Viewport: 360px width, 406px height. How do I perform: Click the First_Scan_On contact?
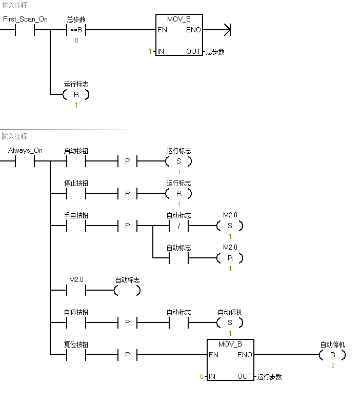tap(25, 30)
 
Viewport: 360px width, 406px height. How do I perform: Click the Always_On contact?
tap(25, 161)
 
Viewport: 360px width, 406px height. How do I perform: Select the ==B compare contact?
tap(76, 30)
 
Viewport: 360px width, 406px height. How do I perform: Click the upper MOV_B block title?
tap(178, 19)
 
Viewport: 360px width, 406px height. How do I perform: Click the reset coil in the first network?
tap(76, 94)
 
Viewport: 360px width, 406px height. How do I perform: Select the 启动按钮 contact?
tap(76, 161)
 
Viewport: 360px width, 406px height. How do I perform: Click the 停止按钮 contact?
tap(76, 194)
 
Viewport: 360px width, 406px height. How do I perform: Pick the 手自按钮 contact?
tap(76, 226)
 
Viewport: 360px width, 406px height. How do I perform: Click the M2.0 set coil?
tap(230, 226)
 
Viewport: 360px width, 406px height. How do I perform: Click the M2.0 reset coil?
tap(230, 258)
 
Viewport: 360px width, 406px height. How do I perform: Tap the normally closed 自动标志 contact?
tap(178, 226)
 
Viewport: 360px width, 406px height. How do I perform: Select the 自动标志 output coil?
tap(127, 291)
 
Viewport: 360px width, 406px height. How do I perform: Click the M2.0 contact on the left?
tap(76, 291)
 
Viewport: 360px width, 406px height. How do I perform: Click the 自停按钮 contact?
tap(76, 323)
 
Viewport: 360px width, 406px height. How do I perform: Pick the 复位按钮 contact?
tap(76, 355)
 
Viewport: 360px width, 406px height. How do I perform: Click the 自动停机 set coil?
tap(230, 323)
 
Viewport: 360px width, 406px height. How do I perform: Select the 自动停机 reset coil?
tap(332, 355)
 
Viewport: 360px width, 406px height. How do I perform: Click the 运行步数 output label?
tap(270, 377)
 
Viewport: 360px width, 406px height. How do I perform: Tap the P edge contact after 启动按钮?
tap(127, 161)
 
